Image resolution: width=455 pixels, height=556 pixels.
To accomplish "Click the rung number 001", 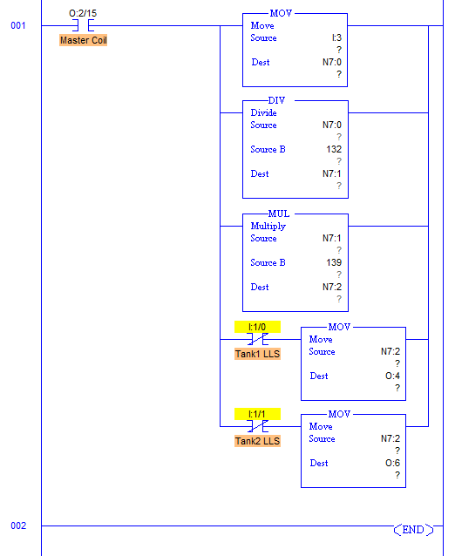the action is coord(18,25).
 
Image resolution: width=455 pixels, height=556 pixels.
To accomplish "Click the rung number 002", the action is coord(18,525).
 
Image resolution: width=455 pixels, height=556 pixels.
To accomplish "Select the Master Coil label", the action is coord(84,40).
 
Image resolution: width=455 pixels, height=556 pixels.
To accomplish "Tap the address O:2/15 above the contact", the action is coord(83,13).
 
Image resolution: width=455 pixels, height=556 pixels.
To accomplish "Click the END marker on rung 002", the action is coord(413,529).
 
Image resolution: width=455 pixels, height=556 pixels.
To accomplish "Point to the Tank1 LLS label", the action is coord(257,354).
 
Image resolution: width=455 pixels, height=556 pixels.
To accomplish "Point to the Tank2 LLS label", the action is coord(257,441).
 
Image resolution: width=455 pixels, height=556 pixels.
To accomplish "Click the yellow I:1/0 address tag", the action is coord(257,327).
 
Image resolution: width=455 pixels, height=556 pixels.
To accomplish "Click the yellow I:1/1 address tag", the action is coord(257,414).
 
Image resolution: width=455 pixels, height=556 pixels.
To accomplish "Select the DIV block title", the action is coord(276,100).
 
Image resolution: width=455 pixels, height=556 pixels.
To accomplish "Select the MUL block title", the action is coord(279,214).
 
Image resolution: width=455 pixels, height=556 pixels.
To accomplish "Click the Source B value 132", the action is coord(334,149).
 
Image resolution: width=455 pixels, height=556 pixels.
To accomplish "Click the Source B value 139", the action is coord(334,262).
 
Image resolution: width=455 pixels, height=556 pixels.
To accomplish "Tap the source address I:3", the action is coord(336,37).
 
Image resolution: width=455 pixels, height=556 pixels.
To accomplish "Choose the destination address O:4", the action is coord(392,376).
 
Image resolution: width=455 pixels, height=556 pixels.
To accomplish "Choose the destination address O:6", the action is coord(392,463).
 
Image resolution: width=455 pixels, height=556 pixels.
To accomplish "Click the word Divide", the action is coord(263,112).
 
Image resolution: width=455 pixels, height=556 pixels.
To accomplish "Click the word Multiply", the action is coord(268,227).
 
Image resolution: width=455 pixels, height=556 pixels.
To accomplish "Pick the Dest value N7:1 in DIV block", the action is coord(331,173).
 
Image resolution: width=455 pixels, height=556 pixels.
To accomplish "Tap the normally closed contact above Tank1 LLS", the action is coord(257,339).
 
